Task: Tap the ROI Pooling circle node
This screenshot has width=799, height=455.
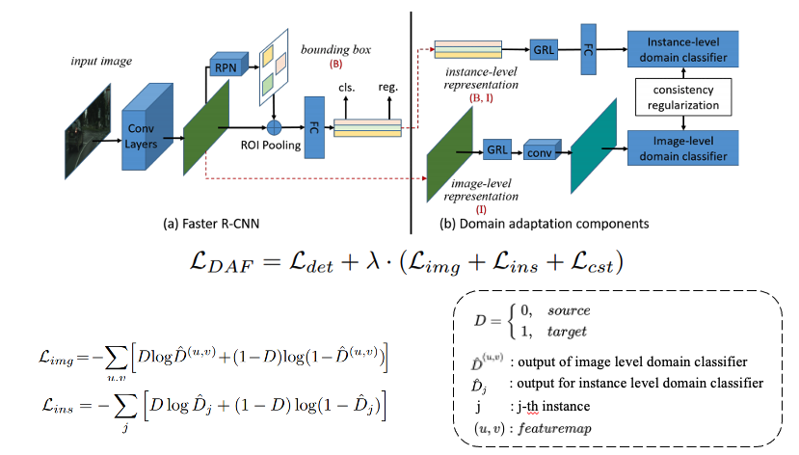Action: (x=274, y=127)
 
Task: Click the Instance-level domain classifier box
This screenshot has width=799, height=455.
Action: (x=682, y=49)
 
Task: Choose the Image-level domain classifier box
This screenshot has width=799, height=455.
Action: (x=682, y=148)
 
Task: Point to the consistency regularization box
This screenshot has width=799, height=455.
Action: (x=683, y=97)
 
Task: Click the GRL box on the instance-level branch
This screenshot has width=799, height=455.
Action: (x=544, y=50)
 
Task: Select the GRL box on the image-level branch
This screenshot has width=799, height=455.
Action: (x=496, y=149)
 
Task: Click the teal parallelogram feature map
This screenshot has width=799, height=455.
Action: (x=594, y=147)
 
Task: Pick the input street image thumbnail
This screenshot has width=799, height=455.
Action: (x=88, y=131)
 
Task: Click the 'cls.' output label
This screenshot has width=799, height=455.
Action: (x=347, y=88)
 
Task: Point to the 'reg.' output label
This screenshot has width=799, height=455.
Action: (x=387, y=87)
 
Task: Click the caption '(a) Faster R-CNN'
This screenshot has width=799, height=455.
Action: (x=211, y=224)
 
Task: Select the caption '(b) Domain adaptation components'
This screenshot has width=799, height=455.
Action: (x=545, y=224)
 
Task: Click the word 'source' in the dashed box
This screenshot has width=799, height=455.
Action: (x=569, y=310)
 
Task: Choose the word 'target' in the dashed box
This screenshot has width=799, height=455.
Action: (x=567, y=332)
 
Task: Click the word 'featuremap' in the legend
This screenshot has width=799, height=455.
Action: (x=554, y=428)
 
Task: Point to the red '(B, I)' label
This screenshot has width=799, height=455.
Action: (x=481, y=97)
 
